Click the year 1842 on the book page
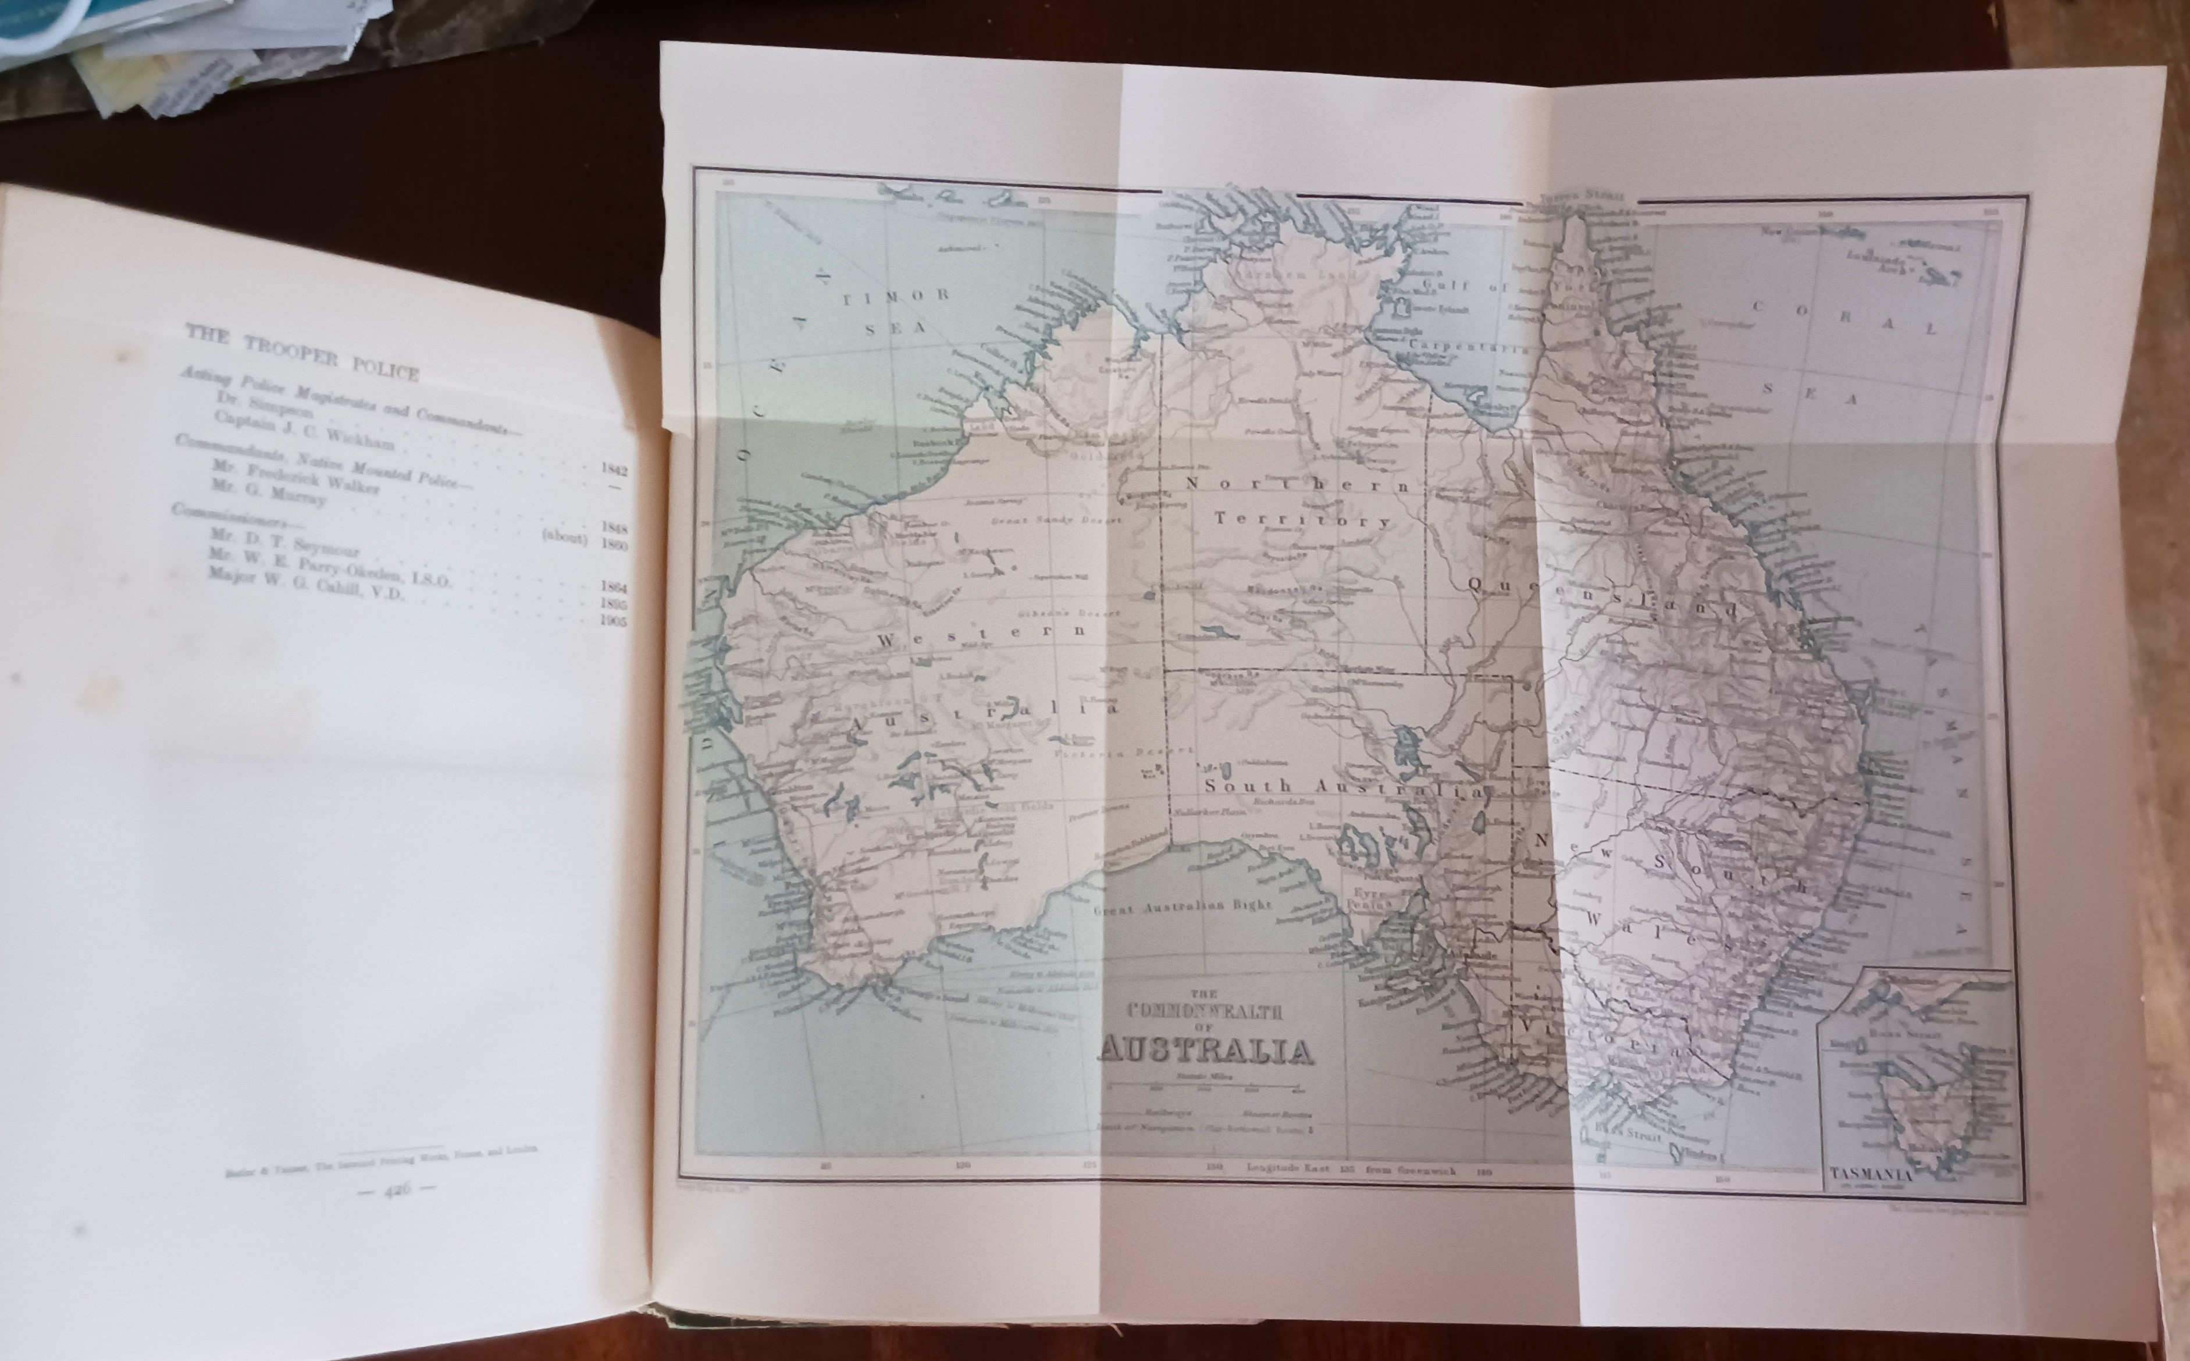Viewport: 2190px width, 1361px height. click(x=614, y=470)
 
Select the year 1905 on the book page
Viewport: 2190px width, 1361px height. click(x=614, y=621)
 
